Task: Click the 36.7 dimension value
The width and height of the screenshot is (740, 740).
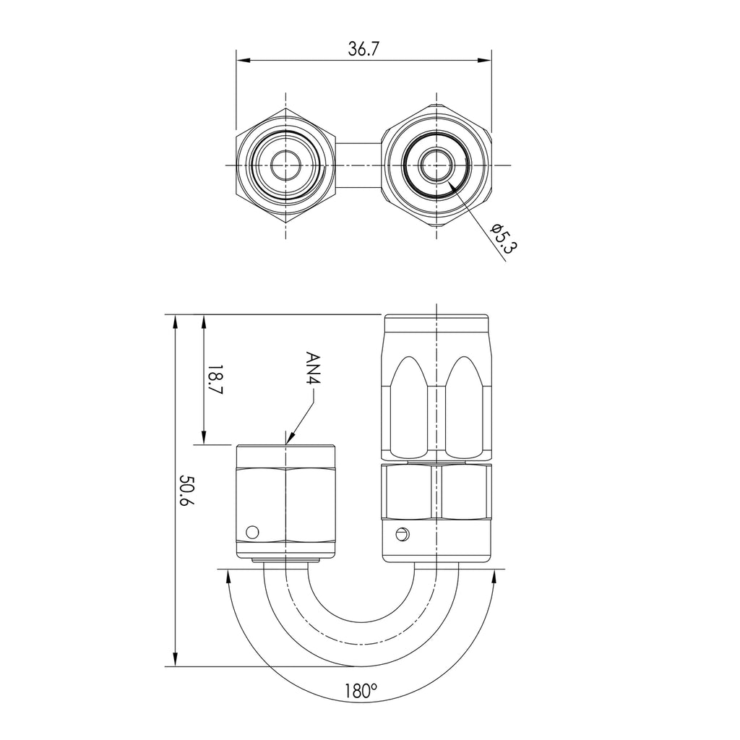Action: (x=363, y=49)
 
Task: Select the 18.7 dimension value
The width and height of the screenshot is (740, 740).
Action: (x=215, y=379)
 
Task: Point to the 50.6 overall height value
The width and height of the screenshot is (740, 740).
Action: (x=187, y=491)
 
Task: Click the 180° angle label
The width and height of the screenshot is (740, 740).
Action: (x=361, y=691)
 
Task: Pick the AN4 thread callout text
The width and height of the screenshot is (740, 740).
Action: (x=313, y=368)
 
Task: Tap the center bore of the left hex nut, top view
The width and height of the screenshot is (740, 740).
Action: (x=285, y=165)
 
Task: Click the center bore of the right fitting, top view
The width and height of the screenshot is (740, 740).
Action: (x=436, y=165)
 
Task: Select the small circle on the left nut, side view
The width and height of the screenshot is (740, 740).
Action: (x=253, y=532)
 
